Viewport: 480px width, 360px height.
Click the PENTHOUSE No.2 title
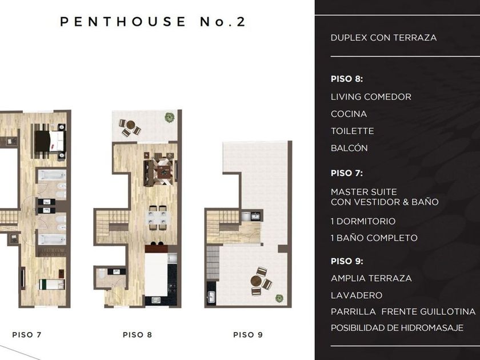click(153, 22)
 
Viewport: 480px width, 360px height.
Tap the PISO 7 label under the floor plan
click(27, 335)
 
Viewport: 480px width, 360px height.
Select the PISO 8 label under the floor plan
click(138, 335)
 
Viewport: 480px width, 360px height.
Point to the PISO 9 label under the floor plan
click(248, 335)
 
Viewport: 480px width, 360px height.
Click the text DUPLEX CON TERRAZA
click(383, 38)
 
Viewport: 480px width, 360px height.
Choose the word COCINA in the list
click(349, 114)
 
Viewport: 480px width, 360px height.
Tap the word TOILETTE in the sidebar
click(353, 131)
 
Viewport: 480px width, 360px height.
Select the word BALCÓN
click(349, 148)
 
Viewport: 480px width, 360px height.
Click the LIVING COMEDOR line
click(371, 97)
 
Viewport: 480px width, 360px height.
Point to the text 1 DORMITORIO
click(363, 221)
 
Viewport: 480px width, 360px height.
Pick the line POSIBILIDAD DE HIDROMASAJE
click(397, 328)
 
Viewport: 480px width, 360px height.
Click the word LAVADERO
click(357, 295)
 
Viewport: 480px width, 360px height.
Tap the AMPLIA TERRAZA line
click(371, 278)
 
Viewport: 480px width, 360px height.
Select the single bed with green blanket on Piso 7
click(52, 284)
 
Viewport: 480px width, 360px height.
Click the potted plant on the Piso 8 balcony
click(169, 117)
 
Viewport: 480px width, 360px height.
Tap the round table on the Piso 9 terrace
click(256, 281)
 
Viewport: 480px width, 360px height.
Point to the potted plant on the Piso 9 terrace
click(279, 298)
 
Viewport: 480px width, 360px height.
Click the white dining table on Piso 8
click(158, 218)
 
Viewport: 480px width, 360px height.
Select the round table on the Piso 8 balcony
click(131, 125)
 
